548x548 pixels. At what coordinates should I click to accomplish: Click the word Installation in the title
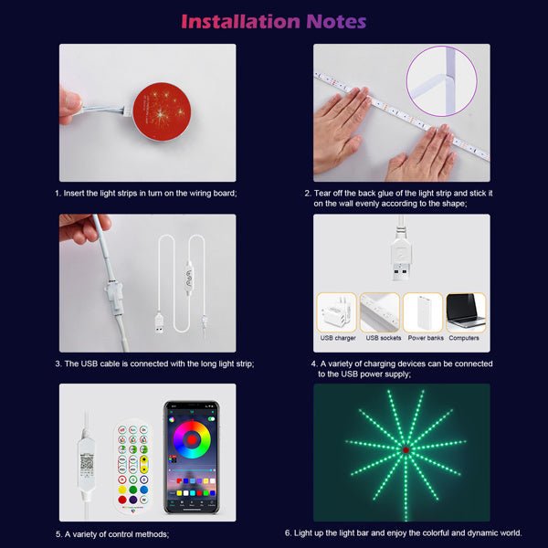(241, 21)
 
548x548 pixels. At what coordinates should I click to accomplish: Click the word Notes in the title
(336, 21)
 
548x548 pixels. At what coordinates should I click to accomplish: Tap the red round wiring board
(162, 111)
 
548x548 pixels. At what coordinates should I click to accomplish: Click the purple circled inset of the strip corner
(442, 81)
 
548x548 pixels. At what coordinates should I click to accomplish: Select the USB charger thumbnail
(336, 312)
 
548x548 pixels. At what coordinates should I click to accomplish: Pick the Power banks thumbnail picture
(423, 312)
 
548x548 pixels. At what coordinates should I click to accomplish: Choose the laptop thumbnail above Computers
(466, 312)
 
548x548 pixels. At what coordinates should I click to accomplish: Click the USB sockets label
(384, 338)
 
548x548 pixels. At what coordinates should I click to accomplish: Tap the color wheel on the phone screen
(192, 439)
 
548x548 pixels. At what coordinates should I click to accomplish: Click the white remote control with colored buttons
(132, 467)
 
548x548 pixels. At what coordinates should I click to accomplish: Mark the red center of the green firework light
(406, 449)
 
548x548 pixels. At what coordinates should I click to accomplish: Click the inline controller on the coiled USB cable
(189, 278)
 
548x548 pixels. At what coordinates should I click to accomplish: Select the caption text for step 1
(146, 194)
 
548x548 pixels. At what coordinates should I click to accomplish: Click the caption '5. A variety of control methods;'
(112, 534)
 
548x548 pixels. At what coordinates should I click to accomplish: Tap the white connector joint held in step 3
(113, 293)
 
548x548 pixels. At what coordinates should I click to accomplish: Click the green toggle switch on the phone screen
(212, 418)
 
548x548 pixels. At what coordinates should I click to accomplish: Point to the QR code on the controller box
(87, 463)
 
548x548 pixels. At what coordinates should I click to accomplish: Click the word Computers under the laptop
(464, 338)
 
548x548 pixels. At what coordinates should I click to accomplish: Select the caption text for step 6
(404, 533)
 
